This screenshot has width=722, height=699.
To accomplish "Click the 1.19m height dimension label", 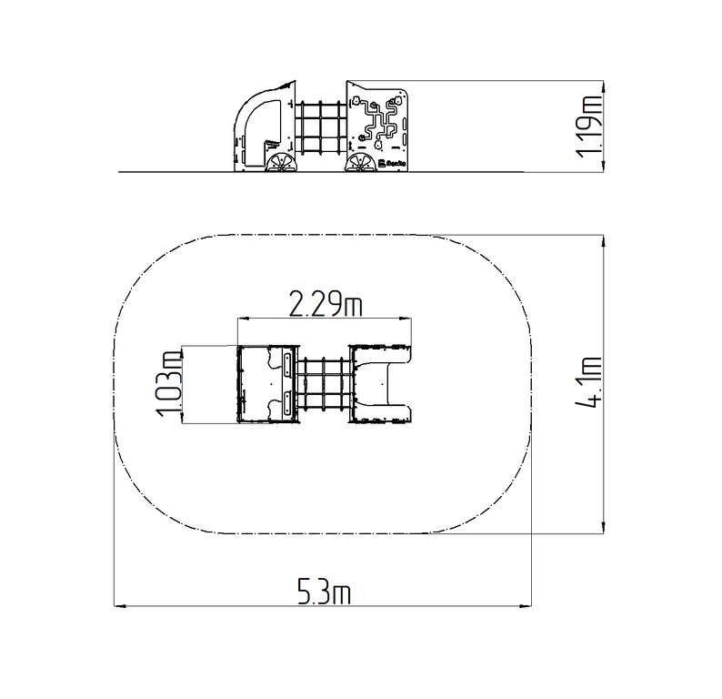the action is [590, 126].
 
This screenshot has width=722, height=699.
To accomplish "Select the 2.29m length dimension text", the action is [326, 303].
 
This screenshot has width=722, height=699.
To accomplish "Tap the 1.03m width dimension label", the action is [168, 384].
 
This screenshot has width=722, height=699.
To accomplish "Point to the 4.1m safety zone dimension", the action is [589, 382].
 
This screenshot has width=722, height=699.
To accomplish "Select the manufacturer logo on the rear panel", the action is [392, 163].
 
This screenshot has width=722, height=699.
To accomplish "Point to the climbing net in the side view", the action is [320, 127].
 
